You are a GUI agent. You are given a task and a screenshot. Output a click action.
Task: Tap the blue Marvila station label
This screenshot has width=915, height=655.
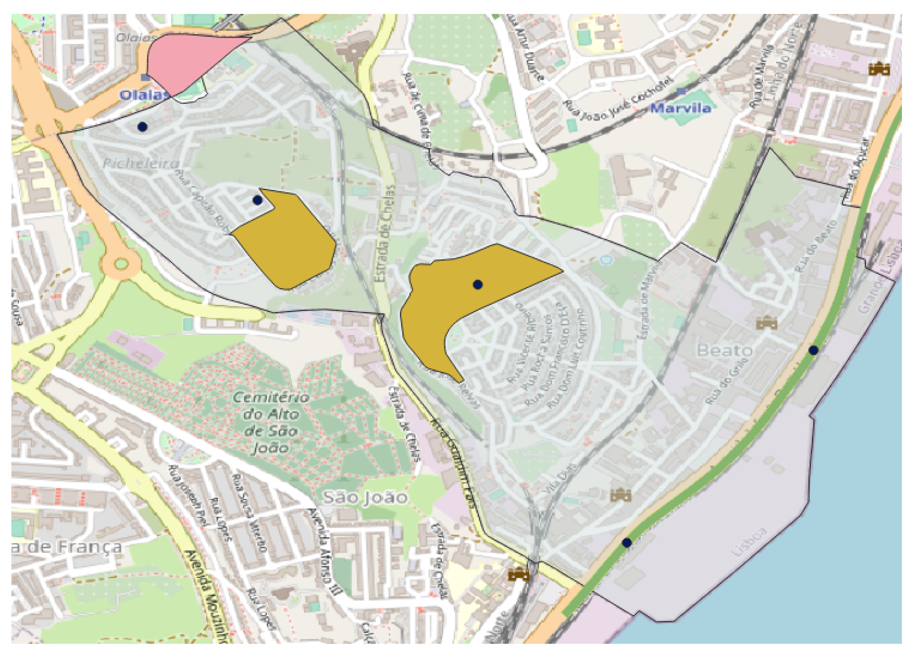click(680, 108)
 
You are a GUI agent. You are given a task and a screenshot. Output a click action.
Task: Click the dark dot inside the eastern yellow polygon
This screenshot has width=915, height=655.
click(478, 285)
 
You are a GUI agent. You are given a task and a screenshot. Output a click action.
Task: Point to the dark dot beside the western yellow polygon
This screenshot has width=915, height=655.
click(257, 200)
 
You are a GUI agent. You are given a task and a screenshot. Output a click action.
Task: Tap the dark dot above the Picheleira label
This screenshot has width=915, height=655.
click(142, 127)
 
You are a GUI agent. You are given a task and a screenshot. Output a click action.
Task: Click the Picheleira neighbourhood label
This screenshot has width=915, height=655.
click(141, 163)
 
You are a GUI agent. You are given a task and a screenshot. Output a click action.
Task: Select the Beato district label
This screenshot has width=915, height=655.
click(724, 351)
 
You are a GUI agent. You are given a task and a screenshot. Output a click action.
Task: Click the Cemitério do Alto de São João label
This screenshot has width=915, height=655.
click(270, 422)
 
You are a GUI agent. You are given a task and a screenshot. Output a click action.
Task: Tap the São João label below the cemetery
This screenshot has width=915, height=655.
click(365, 497)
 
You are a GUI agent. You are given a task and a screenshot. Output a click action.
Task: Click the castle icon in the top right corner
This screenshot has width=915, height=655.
click(879, 68)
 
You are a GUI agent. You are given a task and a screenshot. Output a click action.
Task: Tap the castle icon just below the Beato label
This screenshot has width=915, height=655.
click(766, 324)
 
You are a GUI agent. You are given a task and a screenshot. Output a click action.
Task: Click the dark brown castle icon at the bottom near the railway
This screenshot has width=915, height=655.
click(519, 574)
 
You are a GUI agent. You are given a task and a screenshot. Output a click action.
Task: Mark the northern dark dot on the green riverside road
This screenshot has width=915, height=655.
click(813, 350)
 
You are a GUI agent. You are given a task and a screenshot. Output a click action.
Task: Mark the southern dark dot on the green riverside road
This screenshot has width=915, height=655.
click(627, 543)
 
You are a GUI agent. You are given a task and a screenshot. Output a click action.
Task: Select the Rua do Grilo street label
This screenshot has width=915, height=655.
click(727, 380)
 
